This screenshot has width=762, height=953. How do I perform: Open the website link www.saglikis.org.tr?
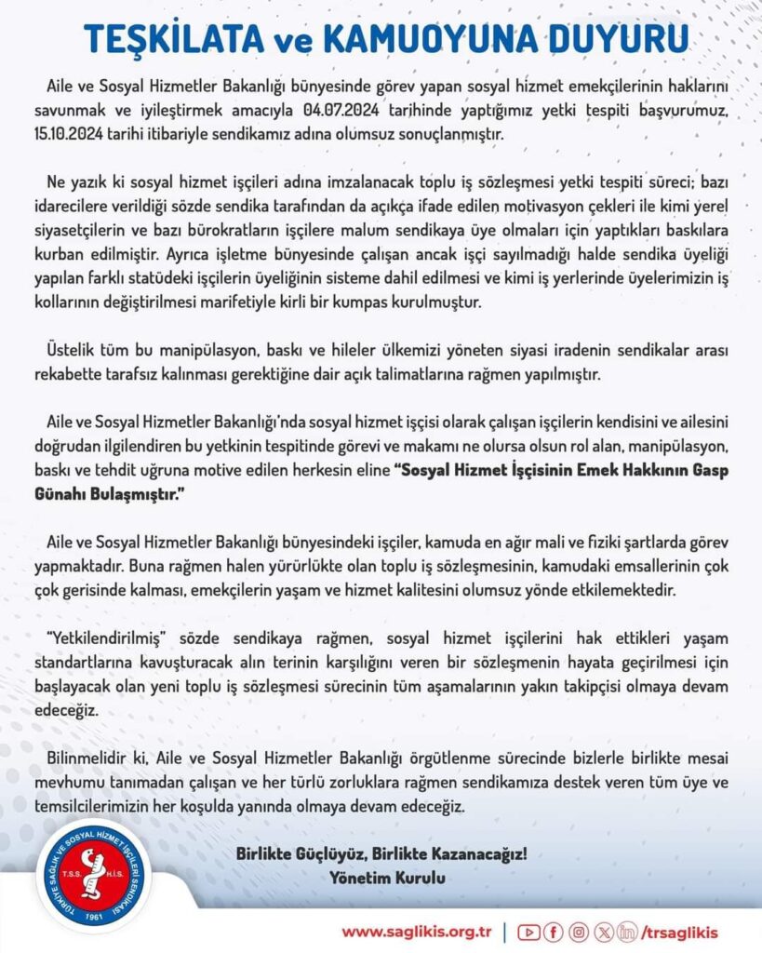tap(417, 932)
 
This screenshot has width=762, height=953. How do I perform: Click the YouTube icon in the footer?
tap(528, 932)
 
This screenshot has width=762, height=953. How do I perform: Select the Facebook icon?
tap(554, 932)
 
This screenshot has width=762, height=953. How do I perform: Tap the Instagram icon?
tap(579, 932)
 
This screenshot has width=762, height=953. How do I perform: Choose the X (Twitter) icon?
tap(604, 932)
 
